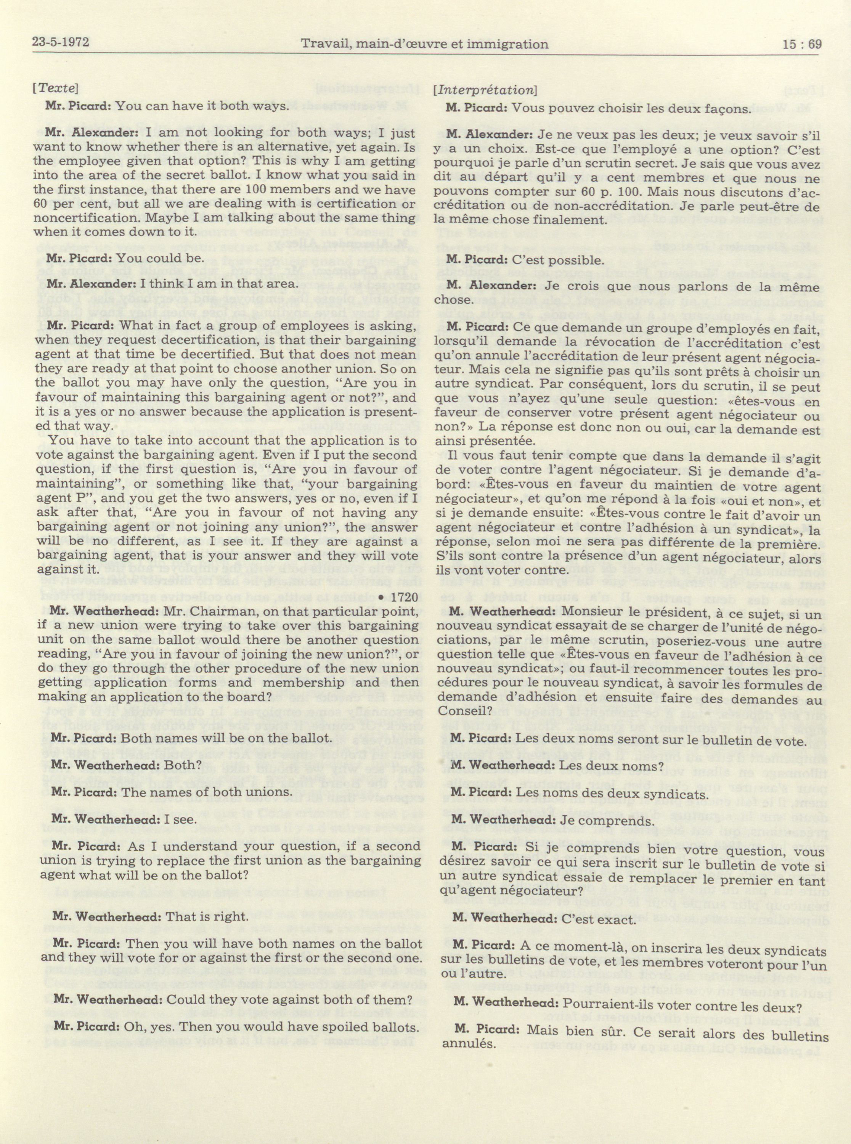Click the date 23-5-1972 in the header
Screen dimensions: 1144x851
point(60,43)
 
